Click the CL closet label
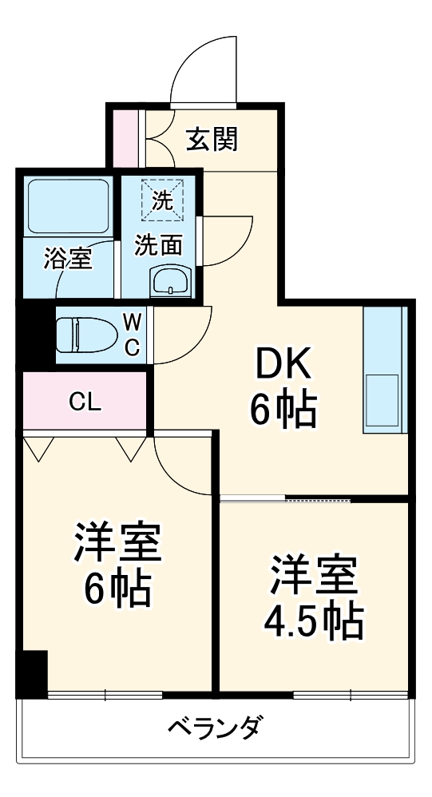[85, 402]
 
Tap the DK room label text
[283, 367]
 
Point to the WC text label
[133, 335]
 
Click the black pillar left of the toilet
[35, 335]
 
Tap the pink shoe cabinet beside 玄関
[125, 139]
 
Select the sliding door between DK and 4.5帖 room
[286, 499]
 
